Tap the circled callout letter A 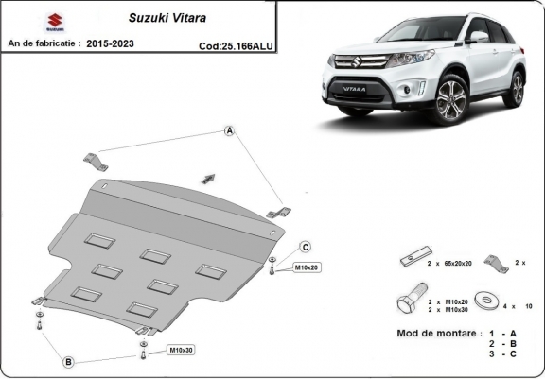(x=229, y=130)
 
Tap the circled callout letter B (x=69, y=362)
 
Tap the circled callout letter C (x=306, y=248)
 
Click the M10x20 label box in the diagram (x=306, y=268)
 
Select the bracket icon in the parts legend (x=495, y=262)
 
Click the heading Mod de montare (x=436, y=335)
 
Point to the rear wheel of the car (x=517, y=88)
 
